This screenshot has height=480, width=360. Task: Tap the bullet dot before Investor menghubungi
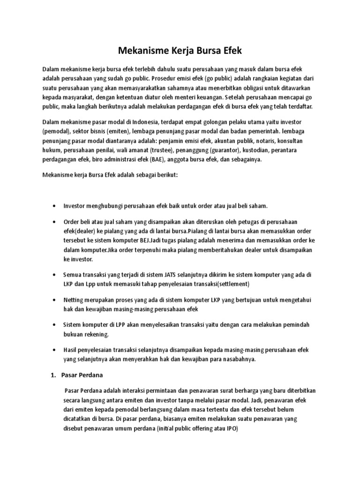coord(55,206)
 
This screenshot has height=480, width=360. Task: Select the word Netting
coord(73,300)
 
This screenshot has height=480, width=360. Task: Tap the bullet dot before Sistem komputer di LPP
coord(55,325)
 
